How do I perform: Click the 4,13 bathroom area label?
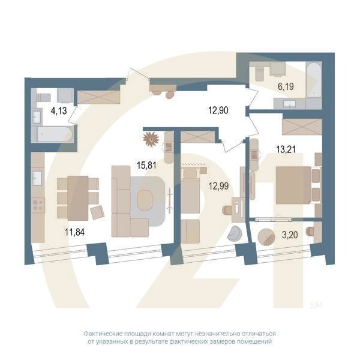[58, 110]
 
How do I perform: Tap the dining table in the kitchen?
[77, 198]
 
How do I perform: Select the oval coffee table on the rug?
[146, 202]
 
